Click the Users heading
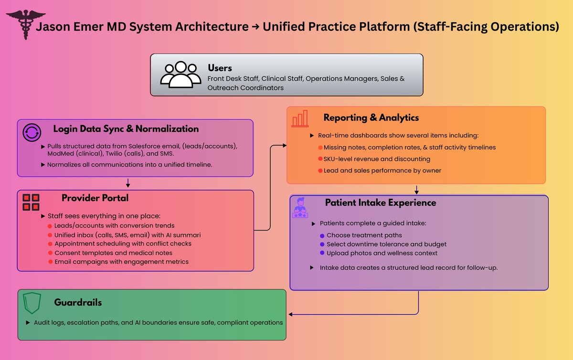(x=220, y=68)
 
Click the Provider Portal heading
(x=95, y=198)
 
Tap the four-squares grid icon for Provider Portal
(x=31, y=202)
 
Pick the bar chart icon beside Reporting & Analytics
(x=300, y=118)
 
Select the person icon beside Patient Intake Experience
(x=300, y=208)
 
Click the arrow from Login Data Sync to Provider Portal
(x=128, y=183)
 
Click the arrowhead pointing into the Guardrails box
(x=290, y=314)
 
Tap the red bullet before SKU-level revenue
(x=320, y=159)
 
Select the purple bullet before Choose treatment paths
(x=322, y=235)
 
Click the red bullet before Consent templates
(x=50, y=253)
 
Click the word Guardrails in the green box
(x=78, y=302)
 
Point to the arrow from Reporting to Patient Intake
(x=417, y=189)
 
